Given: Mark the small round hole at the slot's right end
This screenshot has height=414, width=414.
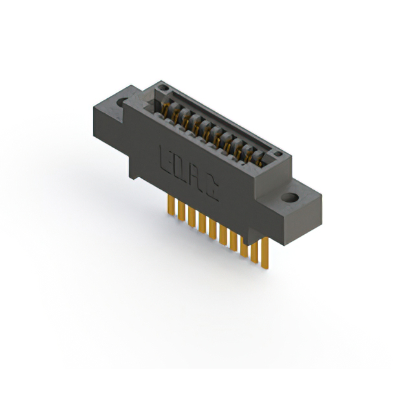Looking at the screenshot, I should pos(276,154).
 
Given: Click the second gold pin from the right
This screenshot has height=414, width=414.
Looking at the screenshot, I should pos(254,250).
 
